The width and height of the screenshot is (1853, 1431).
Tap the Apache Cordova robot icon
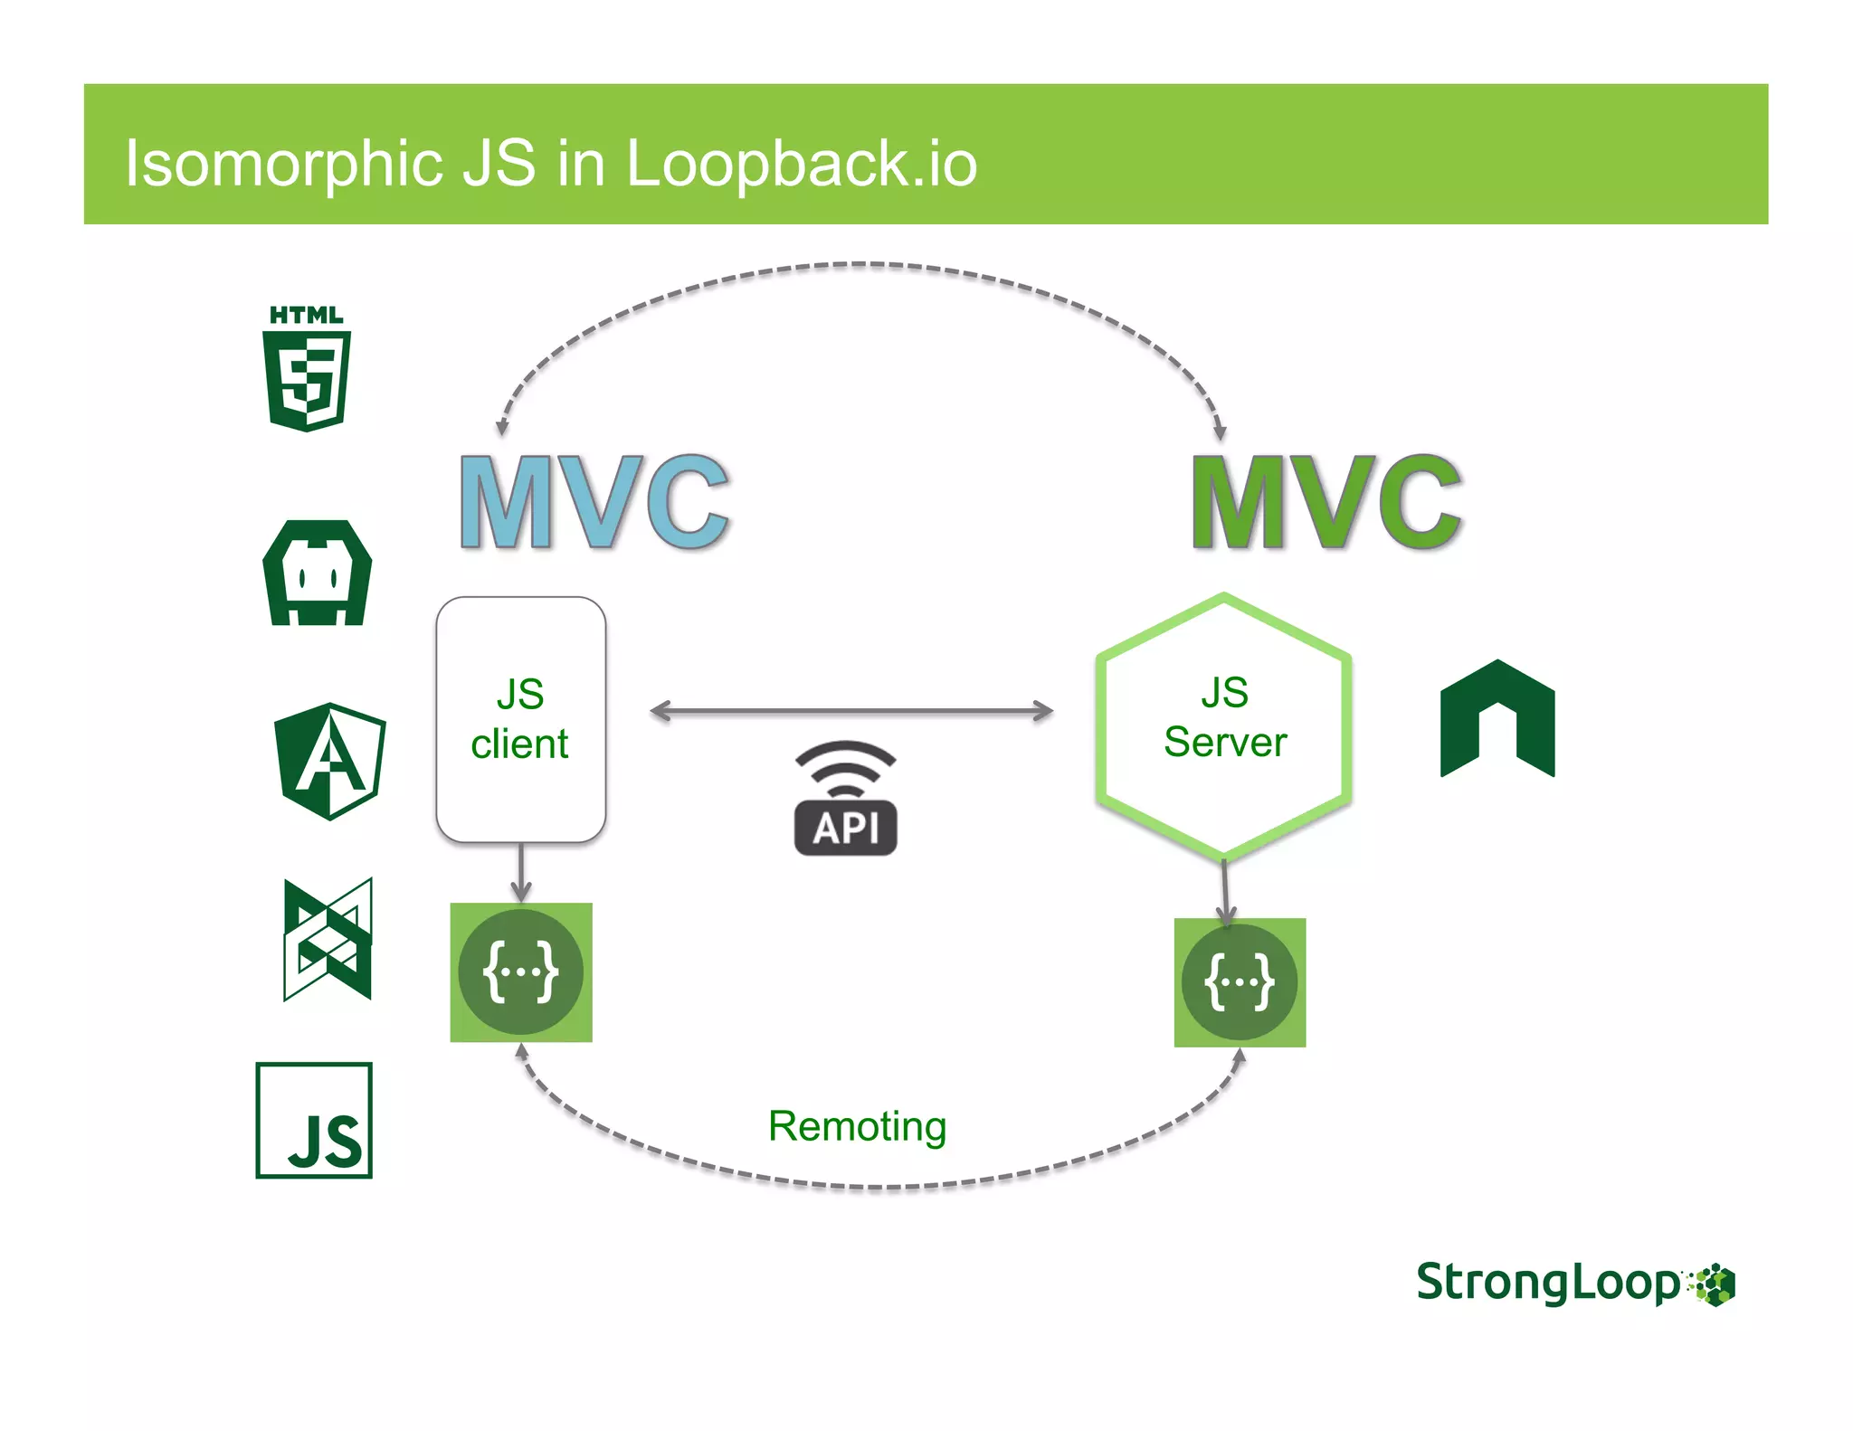[318, 573]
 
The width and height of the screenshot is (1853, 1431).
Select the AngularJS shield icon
[330, 761]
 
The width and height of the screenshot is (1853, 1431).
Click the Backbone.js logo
[328, 939]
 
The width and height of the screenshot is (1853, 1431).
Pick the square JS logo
[314, 1120]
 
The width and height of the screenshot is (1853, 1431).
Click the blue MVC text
[594, 503]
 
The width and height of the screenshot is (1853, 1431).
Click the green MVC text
[1326, 503]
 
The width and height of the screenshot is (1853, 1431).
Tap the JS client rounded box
[520, 719]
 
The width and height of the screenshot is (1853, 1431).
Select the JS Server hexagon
[1224, 724]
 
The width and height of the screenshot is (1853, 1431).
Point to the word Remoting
[857, 1126]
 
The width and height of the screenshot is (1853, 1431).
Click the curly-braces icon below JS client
[521, 972]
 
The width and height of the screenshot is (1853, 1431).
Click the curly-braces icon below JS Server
[1240, 982]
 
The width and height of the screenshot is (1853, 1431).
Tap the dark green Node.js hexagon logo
[1497, 718]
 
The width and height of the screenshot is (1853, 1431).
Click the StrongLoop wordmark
[1548, 1283]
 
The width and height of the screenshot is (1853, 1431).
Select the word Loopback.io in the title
[802, 164]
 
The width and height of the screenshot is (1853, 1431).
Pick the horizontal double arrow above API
[851, 712]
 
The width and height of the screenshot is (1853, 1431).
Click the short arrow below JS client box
[521, 872]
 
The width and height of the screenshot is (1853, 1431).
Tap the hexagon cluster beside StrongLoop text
[1713, 1285]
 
